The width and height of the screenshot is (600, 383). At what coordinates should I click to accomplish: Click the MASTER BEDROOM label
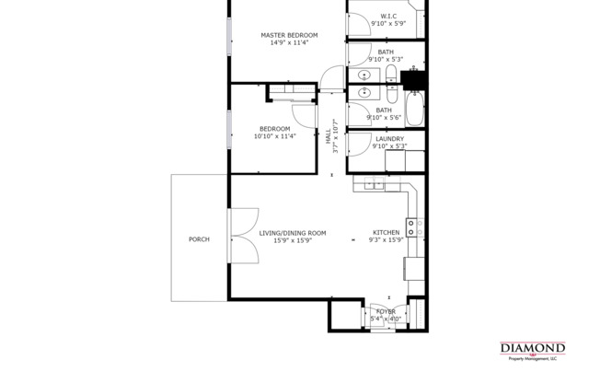tap(288, 35)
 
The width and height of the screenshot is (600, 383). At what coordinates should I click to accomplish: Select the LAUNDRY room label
tap(389, 139)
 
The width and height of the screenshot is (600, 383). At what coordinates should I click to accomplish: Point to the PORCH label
tap(199, 239)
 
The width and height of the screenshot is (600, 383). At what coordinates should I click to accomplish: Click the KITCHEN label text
tap(386, 233)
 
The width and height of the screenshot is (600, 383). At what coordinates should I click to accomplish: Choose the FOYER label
tap(386, 312)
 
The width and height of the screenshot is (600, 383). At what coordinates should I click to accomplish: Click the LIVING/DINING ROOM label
tap(292, 233)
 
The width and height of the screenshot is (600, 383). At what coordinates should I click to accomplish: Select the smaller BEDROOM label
tap(274, 129)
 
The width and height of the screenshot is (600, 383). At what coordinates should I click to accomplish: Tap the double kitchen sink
tap(373, 185)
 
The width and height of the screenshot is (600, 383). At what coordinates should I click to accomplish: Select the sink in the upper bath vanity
tap(364, 74)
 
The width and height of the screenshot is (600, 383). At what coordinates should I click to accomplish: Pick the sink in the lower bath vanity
tap(364, 92)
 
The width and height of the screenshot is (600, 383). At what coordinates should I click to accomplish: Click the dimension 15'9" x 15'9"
tap(292, 240)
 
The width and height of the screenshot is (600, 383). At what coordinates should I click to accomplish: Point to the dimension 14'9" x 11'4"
tap(288, 42)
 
